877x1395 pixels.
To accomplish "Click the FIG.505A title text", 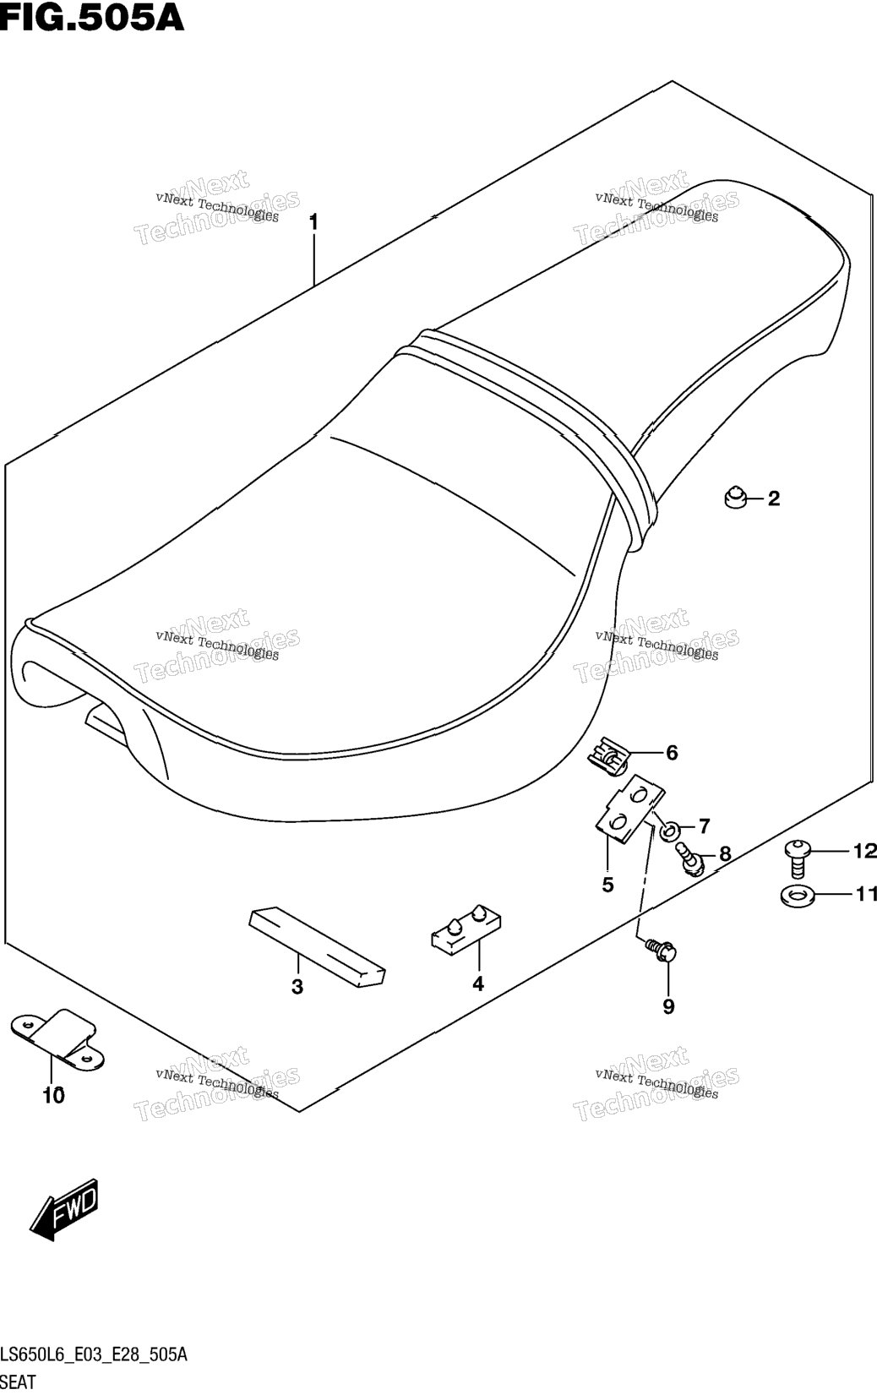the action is point(91,18).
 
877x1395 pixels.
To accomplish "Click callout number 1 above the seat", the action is point(313,222).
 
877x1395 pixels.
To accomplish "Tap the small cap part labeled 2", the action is point(736,498).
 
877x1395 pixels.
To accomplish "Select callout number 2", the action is point(774,499).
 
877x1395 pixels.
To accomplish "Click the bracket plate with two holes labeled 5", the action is point(630,809).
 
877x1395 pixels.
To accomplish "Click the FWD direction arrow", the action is point(64,1208).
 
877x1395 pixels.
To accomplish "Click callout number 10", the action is point(53,1095).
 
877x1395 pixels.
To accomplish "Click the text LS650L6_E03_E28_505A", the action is point(94,1354).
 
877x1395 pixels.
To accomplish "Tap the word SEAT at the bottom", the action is point(18,1382).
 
